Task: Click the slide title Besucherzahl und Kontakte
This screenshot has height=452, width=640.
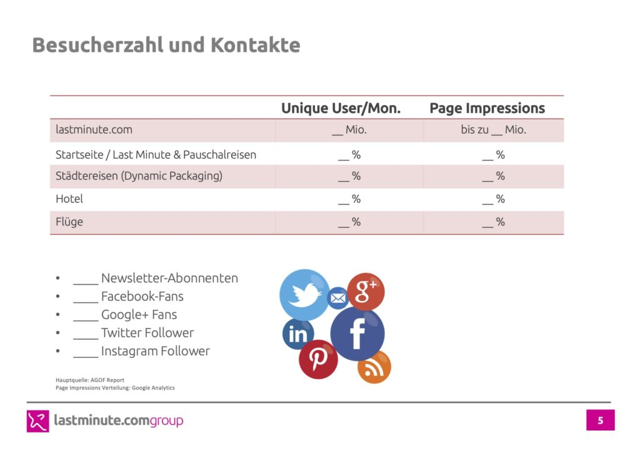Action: click(166, 45)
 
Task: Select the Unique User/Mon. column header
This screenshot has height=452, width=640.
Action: click(341, 108)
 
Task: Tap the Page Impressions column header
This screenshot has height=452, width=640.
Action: click(487, 108)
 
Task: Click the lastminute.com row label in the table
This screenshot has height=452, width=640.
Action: click(94, 130)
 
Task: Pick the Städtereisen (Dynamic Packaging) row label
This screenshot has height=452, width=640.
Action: click(139, 176)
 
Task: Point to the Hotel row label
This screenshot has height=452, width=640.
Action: click(69, 199)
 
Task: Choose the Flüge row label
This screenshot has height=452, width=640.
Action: click(69, 222)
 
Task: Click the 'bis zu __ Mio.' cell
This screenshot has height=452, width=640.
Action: click(493, 130)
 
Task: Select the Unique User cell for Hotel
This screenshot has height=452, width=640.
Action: click(349, 199)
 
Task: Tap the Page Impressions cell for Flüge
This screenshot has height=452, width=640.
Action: click(493, 222)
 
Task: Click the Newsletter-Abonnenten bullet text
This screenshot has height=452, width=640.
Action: click(156, 278)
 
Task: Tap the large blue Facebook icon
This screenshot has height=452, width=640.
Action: click(357, 334)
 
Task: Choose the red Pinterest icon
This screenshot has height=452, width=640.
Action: click(318, 359)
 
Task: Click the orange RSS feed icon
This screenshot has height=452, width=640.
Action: click(374, 366)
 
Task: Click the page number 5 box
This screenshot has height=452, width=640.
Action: click(600, 420)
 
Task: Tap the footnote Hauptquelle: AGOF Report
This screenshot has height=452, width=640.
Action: click(90, 380)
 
